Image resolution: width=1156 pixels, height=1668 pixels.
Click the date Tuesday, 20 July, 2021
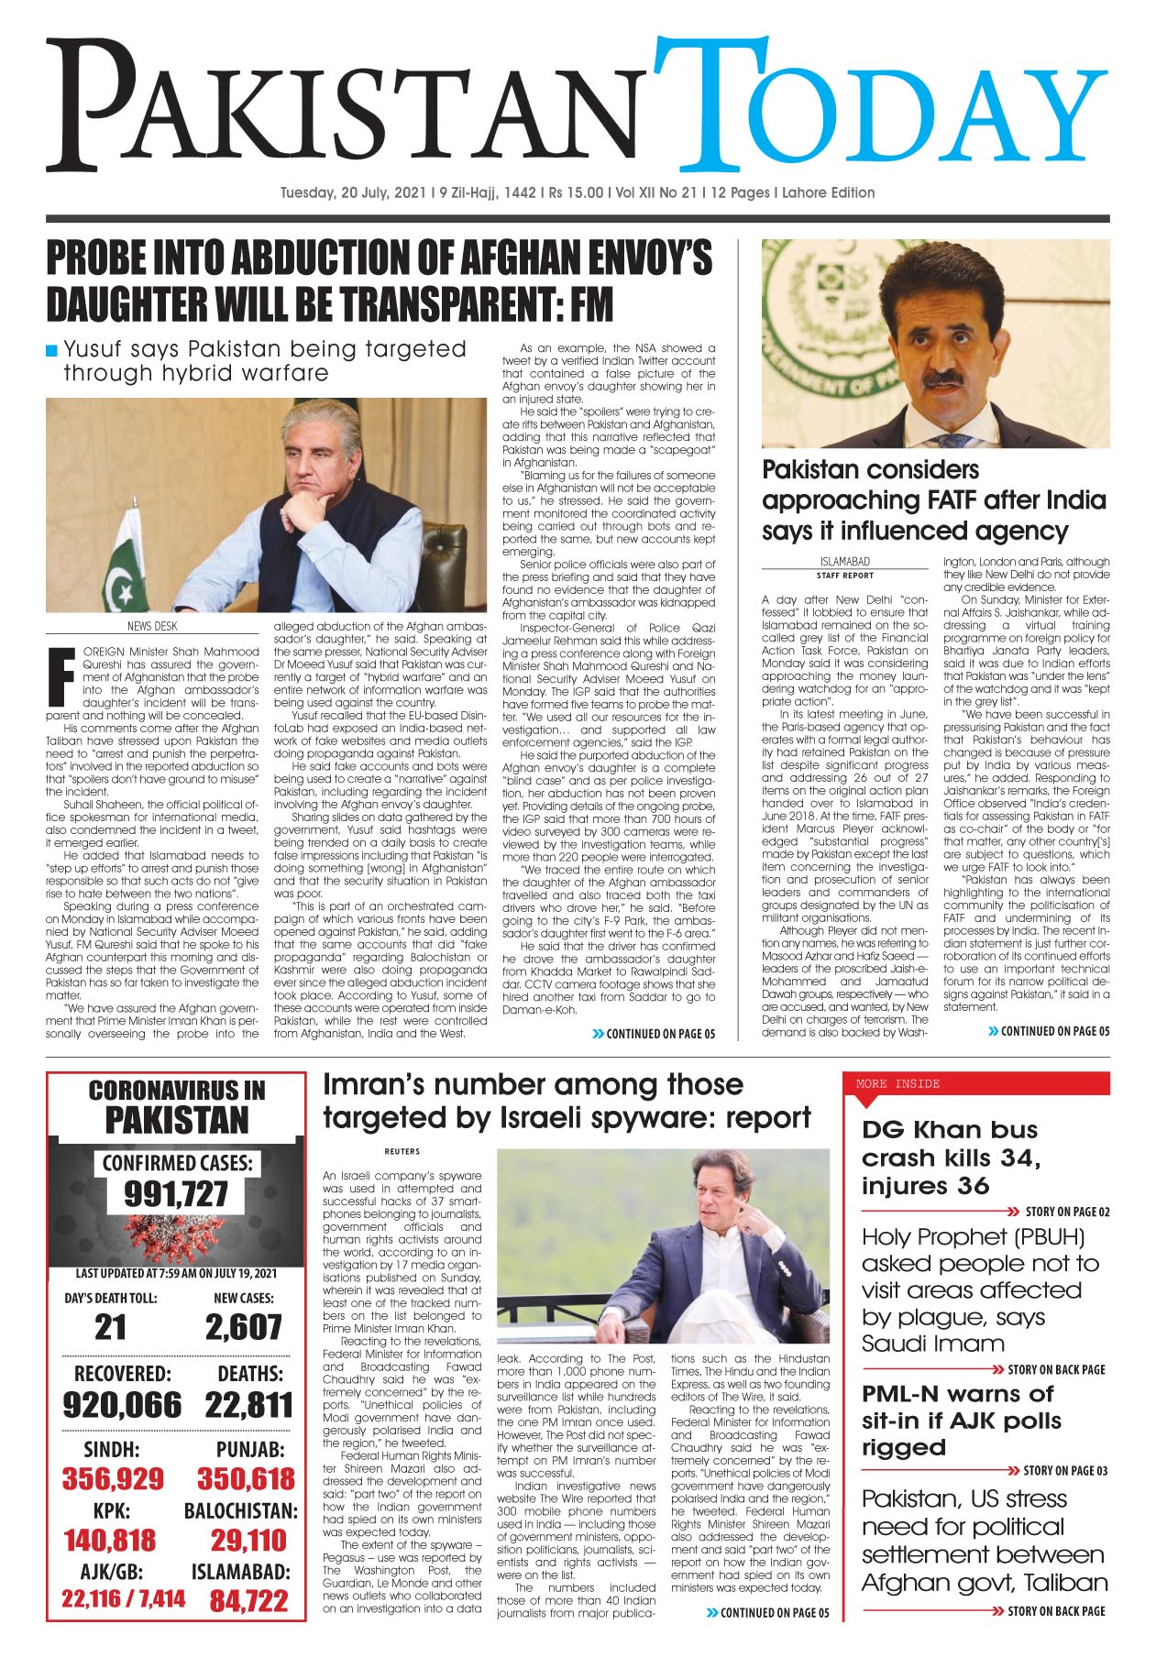[353, 193]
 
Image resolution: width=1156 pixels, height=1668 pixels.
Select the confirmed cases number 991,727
[176, 1194]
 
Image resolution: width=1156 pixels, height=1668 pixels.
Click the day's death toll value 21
[111, 1327]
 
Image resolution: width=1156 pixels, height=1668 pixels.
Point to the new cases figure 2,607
[243, 1327]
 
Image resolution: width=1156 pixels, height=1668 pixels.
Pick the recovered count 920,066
[122, 1405]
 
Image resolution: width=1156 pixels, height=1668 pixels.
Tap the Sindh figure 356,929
[113, 1478]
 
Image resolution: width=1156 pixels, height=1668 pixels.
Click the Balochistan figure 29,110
[248, 1541]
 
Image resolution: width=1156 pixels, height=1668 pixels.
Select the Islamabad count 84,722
[248, 1601]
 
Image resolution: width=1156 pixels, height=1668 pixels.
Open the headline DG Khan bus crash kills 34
[951, 1158]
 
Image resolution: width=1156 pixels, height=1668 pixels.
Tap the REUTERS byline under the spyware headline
[402, 1151]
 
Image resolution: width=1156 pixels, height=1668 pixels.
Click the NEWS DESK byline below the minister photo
[152, 627]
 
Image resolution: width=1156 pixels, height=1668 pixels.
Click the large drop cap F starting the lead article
[61, 675]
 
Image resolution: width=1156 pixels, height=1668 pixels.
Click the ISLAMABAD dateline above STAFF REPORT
[844, 562]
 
